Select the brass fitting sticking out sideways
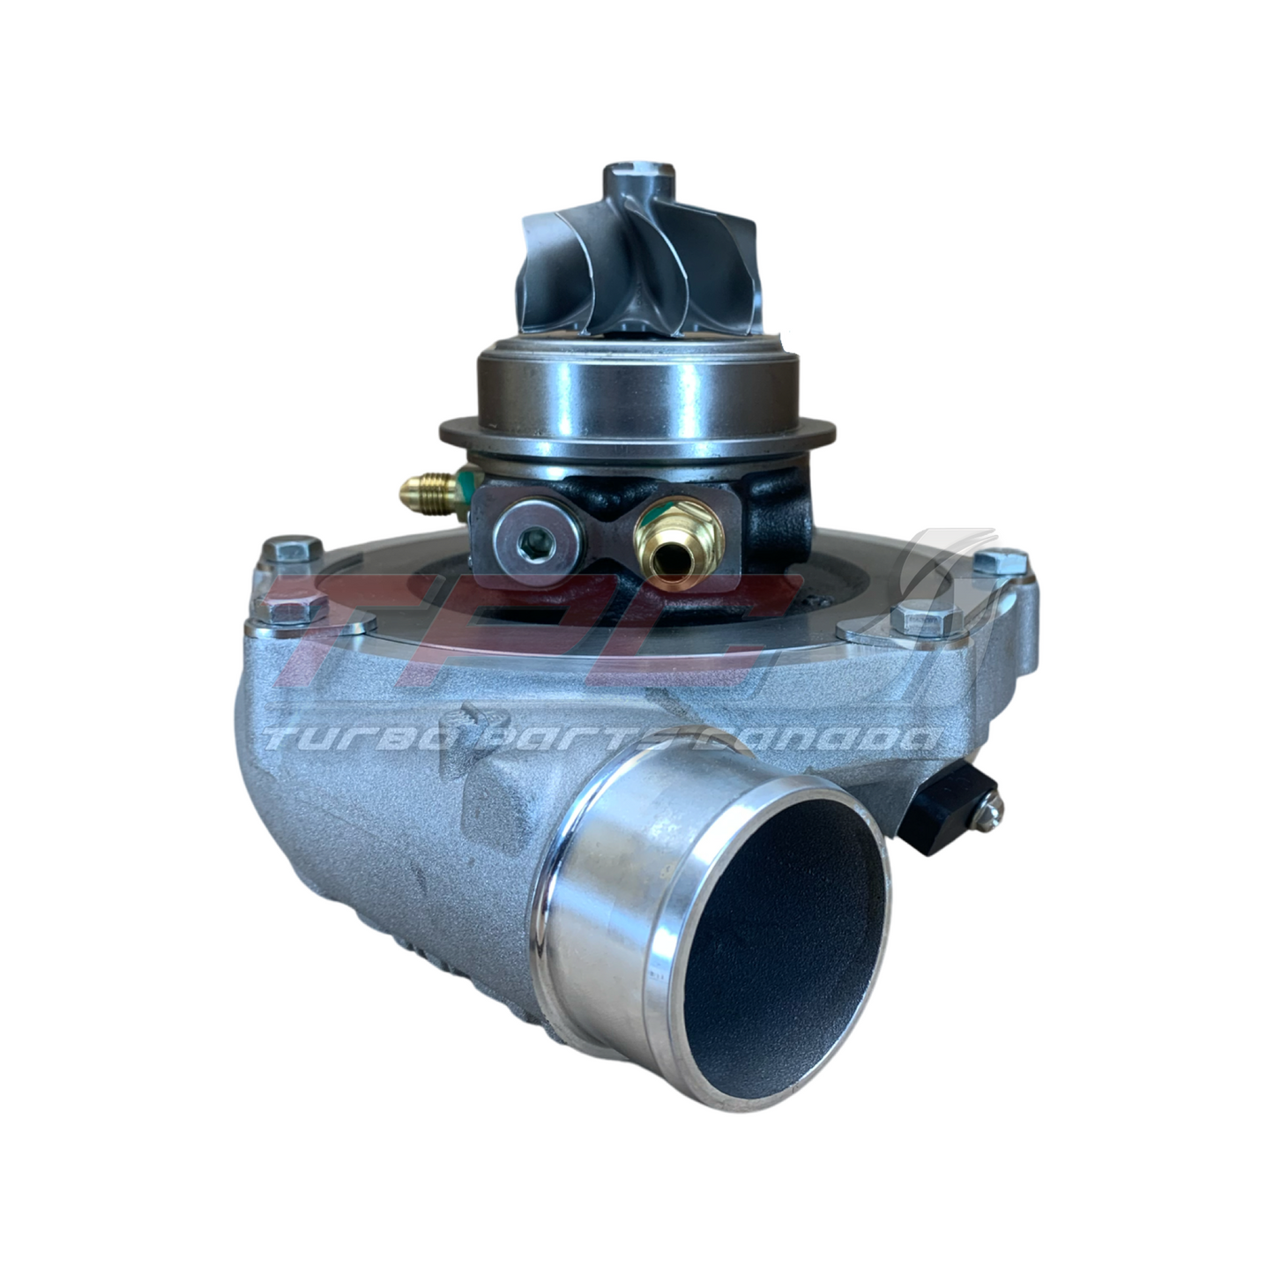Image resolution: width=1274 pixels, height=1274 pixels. (x=428, y=490)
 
